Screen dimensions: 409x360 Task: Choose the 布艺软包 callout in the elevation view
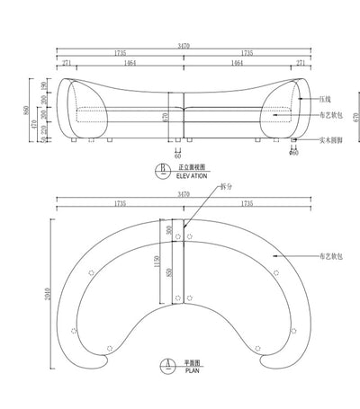tap(330, 117)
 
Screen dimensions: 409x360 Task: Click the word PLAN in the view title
tap(191, 369)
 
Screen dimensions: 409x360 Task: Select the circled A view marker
tap(165, 365)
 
